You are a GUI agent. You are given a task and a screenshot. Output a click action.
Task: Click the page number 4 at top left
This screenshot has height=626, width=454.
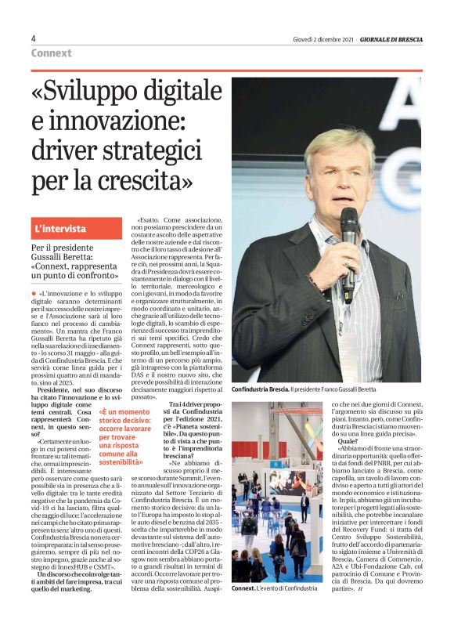(x=34, y=39)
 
